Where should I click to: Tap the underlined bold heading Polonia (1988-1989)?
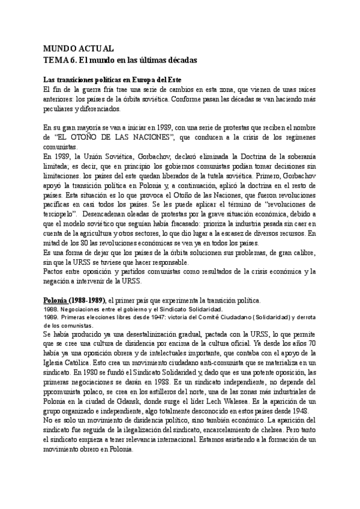click(75, 300)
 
